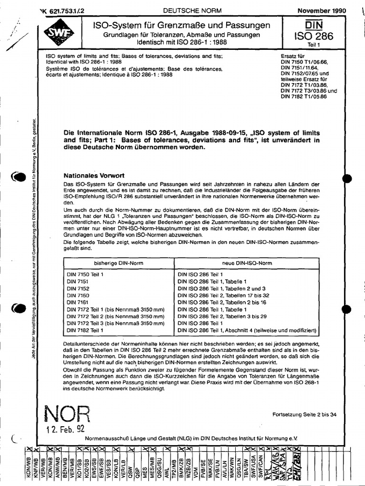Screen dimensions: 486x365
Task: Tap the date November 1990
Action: [x=322, y=10]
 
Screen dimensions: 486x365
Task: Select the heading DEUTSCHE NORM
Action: [x=186, y=10]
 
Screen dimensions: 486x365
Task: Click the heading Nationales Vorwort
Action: [x=94, y=175]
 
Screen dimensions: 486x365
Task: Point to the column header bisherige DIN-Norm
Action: [x=118, y=263]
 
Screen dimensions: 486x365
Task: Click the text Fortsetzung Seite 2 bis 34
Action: [x=304, y=414]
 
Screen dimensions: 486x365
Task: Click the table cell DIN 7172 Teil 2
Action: [x=115, y=316]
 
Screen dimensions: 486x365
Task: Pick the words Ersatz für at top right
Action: [x=294, y=56]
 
